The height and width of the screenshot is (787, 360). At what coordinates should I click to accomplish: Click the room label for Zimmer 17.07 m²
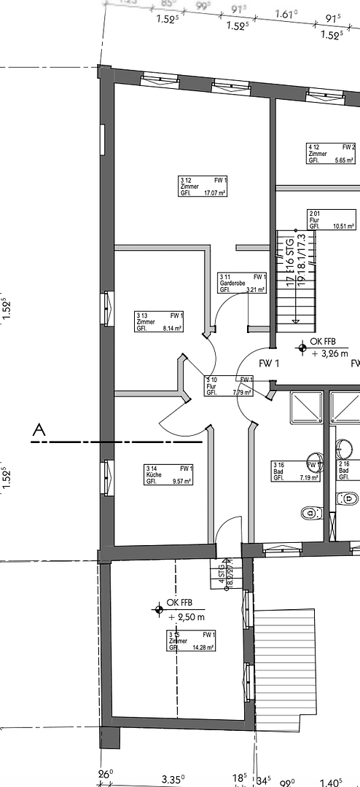coord(203,186)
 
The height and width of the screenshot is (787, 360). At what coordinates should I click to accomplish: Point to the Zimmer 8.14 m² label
coord(159,322)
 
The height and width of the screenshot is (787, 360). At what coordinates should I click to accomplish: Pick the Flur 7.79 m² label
coord(228,385)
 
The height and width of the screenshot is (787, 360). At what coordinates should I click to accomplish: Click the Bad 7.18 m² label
coord(296,471)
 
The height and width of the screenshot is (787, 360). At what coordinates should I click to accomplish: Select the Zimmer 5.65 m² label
coord(332,154)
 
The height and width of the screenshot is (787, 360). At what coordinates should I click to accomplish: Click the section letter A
coord(39,431)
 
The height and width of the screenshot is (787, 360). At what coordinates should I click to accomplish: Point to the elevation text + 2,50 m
coord(187,616)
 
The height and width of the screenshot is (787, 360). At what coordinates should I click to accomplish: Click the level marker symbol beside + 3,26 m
coord(301,348)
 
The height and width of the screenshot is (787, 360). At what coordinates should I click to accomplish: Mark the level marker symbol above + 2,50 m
coord(157,608)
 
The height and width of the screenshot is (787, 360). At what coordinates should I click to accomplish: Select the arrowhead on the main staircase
coord(296,320)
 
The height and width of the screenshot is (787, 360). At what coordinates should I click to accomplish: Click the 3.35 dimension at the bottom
coord(172,778)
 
